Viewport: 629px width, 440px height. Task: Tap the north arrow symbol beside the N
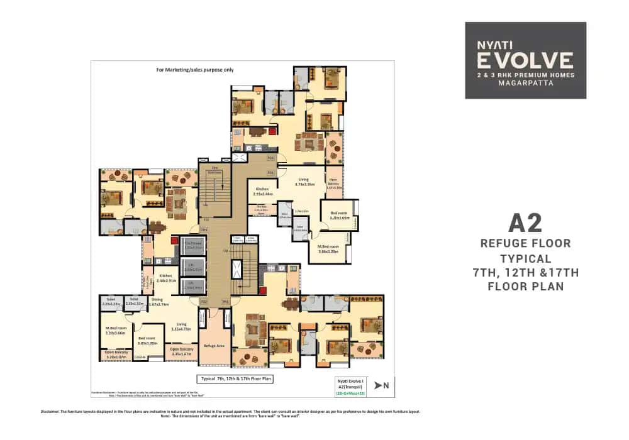coord(377,385)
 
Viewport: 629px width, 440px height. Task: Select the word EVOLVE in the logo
coord(525,60)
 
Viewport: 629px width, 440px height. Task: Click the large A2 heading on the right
coord(525,223)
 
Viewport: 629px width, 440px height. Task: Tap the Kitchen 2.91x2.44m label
coord(262,191)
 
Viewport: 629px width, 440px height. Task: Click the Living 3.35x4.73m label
coord(181,326)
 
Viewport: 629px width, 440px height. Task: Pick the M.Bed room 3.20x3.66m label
coord(116,331)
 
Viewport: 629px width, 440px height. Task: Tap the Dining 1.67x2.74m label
coord(161,302)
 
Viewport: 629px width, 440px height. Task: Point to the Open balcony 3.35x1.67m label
coord(181,351)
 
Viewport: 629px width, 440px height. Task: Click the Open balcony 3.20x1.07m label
coord(116,355)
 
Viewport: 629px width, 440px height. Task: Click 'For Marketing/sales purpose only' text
coord(194,70)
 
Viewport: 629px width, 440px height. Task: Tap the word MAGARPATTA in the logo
coord(525,83)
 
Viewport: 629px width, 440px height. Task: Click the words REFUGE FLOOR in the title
coord(525,243)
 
